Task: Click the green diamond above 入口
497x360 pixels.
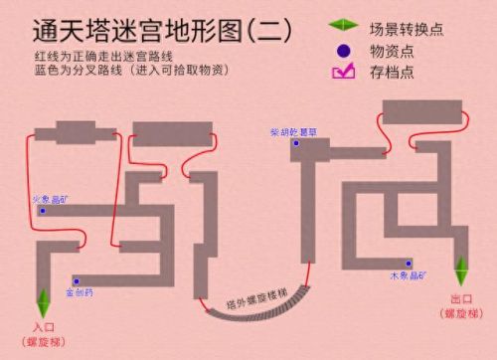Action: click(x=42, y=298)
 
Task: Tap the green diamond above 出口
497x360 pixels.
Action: click(x=460, y=270)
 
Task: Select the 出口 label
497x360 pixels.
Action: click(x=460, y=298)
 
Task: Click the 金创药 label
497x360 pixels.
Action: click(x=80, y=293)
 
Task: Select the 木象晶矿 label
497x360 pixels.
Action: click(x=409, y=273)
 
